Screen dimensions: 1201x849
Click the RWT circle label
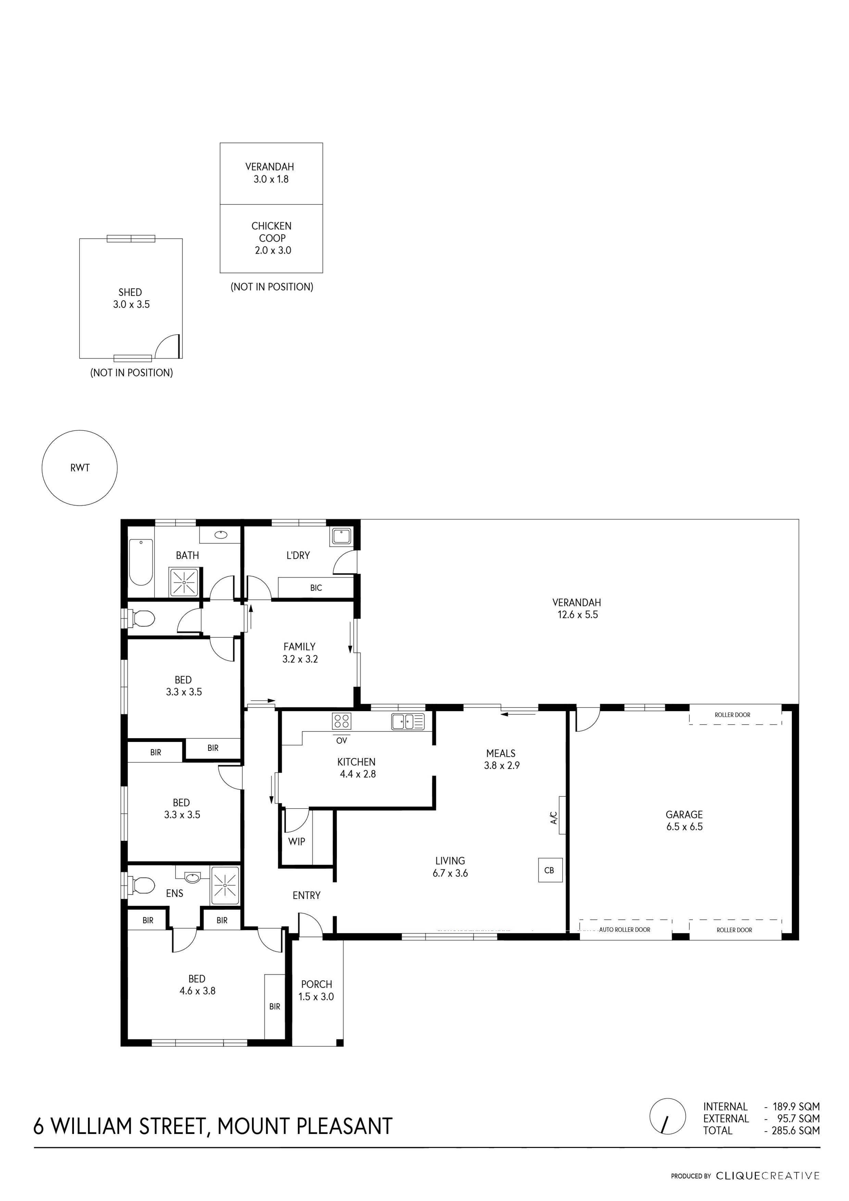point(80,468)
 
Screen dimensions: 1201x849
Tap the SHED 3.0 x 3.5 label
point(131,298)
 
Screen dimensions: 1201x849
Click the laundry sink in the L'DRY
point(341,536)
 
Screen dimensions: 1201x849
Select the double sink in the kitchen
point(408,721)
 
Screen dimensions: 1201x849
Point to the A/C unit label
point(554,818)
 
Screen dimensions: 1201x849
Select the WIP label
point(297,841)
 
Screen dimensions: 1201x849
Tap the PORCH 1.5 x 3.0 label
point(316,990)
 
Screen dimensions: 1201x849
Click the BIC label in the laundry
point(316,588)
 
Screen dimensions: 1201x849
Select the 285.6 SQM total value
point(795,1130)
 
